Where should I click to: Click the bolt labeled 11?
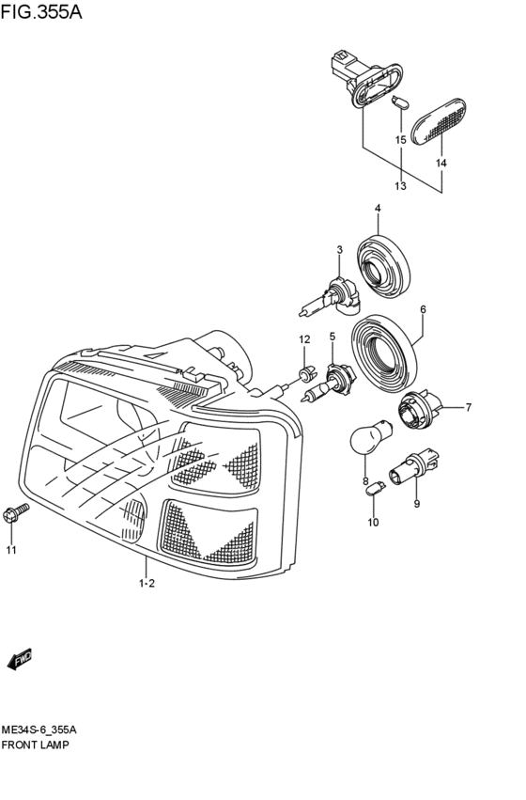pos(18,511)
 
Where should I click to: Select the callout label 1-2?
pos(147,584)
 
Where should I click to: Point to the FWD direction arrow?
pos(21,661)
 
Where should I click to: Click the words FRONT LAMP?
pos(36,744)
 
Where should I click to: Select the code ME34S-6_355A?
pos(39,729)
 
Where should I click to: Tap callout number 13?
pos(400,185)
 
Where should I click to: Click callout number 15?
pos(400,140)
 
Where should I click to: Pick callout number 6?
pos(423,308)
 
